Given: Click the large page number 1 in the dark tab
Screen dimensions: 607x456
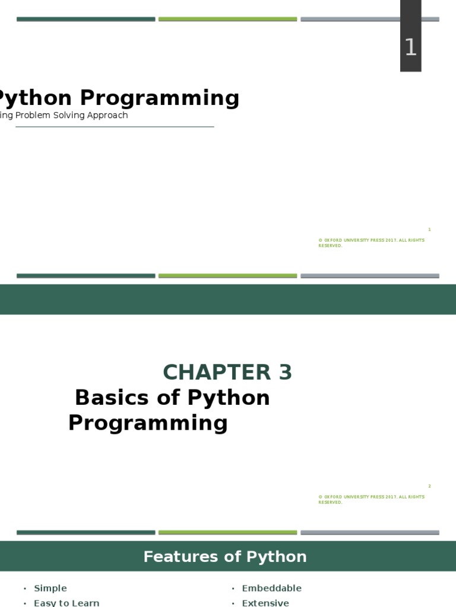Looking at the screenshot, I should click(410, 47).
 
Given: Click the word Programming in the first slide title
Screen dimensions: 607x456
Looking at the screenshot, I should click(159, 98).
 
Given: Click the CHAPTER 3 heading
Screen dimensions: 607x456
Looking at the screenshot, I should click(227, 372).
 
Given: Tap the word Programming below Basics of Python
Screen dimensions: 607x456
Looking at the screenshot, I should click(148, 423).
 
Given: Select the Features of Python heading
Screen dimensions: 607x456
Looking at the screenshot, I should click(225, 557).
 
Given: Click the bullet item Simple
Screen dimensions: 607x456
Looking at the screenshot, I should click(50, 588).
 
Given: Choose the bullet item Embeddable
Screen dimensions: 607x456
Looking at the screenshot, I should click(271, 588).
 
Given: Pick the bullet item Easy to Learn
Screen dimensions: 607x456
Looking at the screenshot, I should click(66, 602).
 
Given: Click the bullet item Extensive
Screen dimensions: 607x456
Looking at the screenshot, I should click(265, 602).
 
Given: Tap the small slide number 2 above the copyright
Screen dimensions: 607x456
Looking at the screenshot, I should click(429, 486).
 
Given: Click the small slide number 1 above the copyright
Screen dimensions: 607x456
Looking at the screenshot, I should click(429, 229).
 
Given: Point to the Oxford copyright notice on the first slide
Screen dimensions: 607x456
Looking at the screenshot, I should click(371, 243).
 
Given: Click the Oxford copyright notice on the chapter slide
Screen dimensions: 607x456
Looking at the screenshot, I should click(371, 500).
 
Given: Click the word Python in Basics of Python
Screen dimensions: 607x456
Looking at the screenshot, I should click(232, 397).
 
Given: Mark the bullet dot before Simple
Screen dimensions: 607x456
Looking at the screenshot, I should click(25, 589).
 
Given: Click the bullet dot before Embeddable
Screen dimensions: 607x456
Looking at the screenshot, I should click(233, 589).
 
